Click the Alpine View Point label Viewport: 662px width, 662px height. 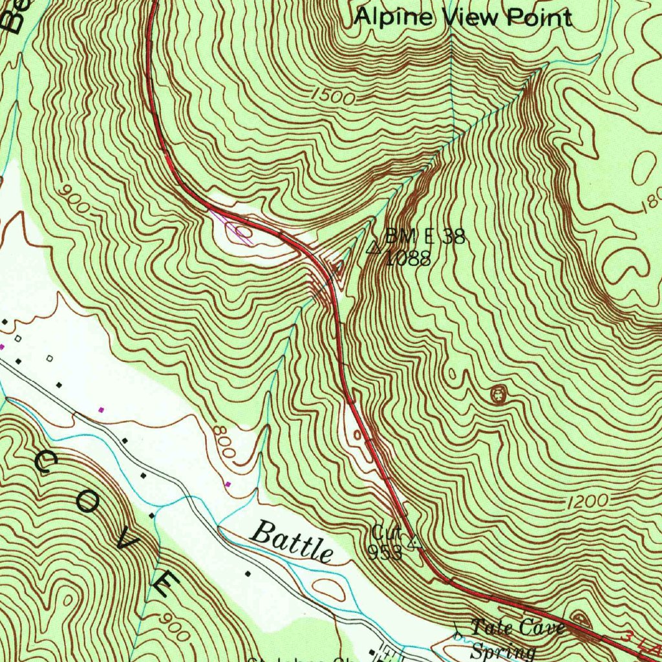click(x=463, y=17)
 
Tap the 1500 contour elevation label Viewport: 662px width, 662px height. click(x=333, y=97)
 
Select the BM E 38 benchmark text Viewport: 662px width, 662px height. click(x=425, y=237)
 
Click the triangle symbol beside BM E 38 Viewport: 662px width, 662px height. click(x=373, y=248)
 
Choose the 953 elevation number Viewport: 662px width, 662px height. click(x=385, y=552)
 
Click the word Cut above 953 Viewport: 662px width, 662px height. click(x=386, y=533)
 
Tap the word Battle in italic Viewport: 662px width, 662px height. click(x=292, y=542)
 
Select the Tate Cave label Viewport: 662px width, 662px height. click(x=517, y=627)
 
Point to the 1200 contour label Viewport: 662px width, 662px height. click(x=589, y=501)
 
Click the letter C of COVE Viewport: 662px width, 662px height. click(x=47, y=463)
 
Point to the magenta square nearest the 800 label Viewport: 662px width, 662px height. click(x=228, y=484)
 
